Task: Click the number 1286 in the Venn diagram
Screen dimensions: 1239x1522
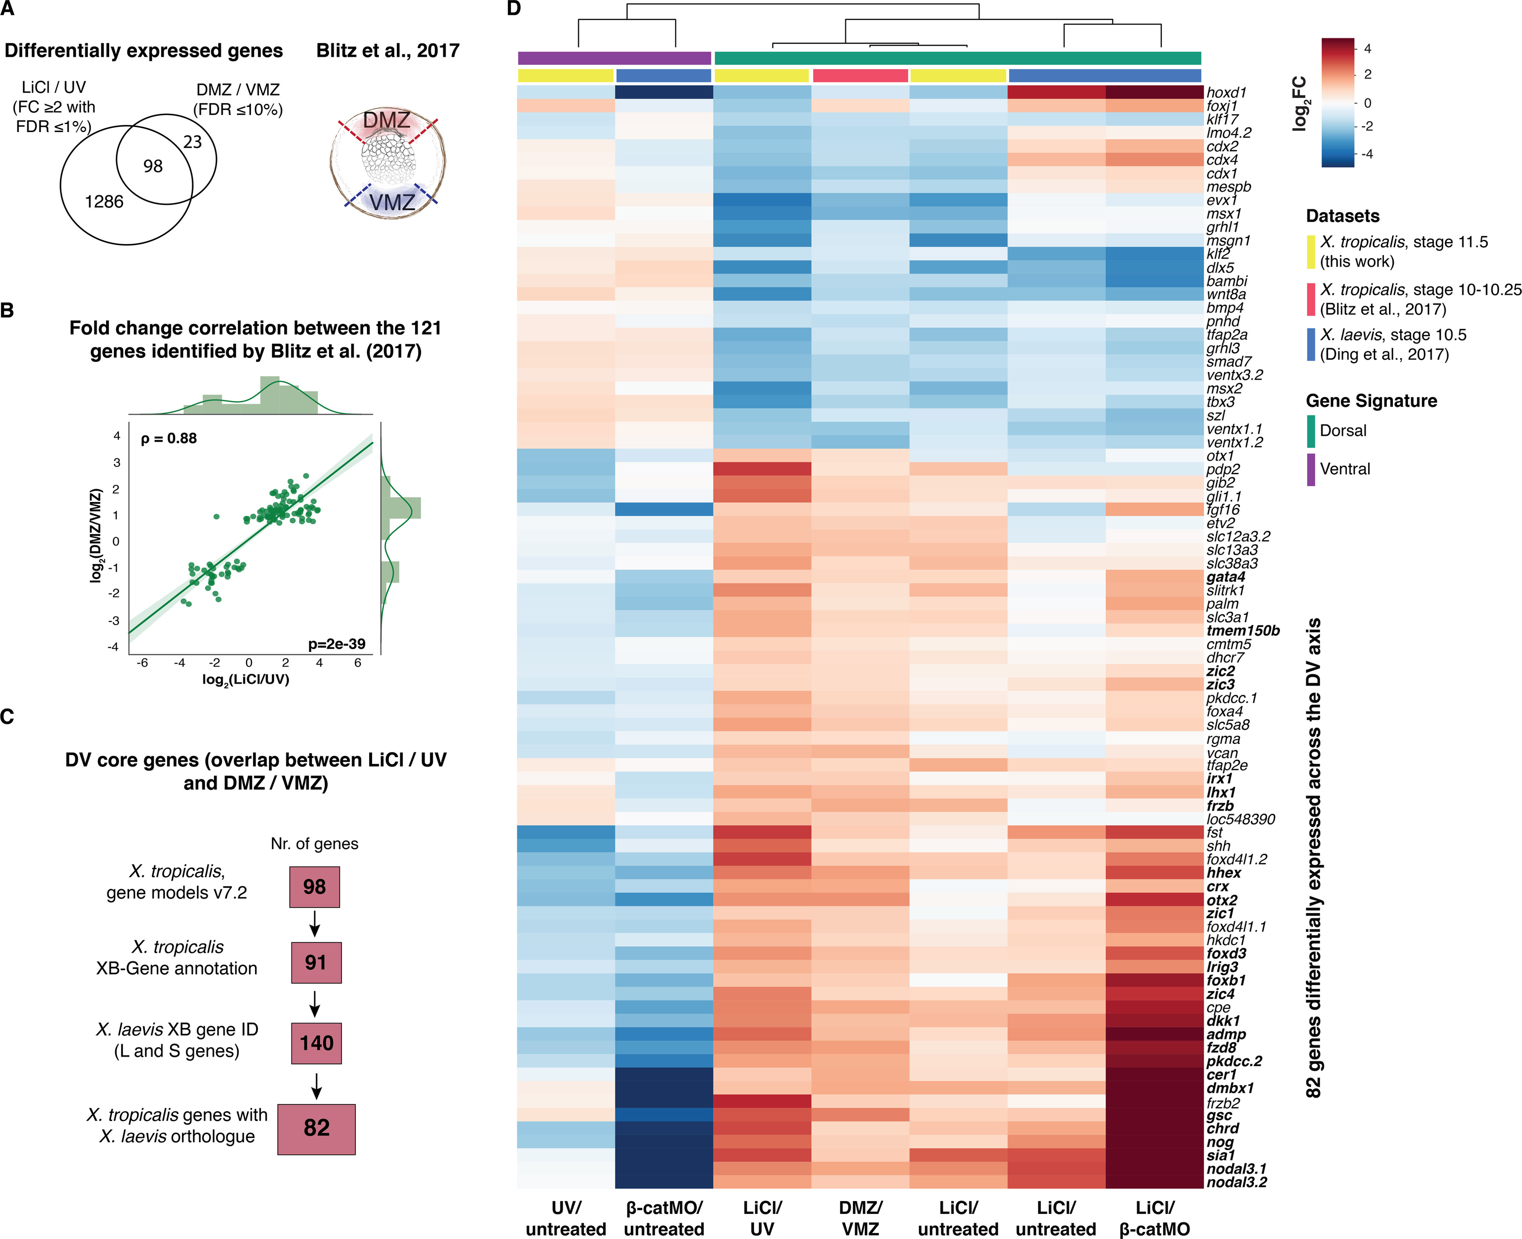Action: click(104, 202)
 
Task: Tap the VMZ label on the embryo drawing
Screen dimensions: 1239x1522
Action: click(392, 203)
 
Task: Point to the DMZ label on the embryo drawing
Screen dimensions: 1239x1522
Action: click(386, 120)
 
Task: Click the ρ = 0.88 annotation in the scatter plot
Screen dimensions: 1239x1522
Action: click(169, 438)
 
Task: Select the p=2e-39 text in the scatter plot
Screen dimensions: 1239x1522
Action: click(336, 644)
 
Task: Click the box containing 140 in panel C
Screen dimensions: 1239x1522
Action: click(316, 1043)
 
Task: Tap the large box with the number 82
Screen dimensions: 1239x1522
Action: click(316, 1128)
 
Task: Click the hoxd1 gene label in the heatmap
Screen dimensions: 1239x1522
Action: click(1226, 92)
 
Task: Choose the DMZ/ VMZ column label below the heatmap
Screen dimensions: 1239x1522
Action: click(860, 1218)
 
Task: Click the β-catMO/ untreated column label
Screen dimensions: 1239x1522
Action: click(664, 1218)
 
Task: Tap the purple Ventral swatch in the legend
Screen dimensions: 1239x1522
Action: click(1311, 470)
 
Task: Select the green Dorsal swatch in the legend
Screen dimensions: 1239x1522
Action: click(1311, 431)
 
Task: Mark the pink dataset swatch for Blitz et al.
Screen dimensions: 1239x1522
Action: click(1311, 299)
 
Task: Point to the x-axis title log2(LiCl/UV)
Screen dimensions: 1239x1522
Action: click(246, 679)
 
